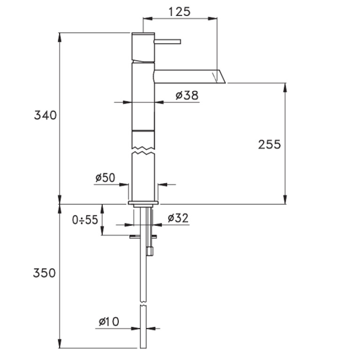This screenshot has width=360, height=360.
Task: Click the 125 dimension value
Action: click(x=180, y=12)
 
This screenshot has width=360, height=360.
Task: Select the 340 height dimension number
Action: click(x=45, y=115)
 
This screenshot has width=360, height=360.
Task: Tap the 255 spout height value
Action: click(x=269, y=145)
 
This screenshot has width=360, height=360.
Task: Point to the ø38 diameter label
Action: click(x=187, y=95)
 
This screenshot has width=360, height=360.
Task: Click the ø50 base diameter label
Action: click(x=106, y=177)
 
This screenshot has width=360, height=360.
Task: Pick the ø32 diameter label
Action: click(x=178, y=218)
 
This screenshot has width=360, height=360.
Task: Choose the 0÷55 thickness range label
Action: click(x=85, y=220)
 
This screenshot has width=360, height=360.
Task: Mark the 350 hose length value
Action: click(x=44, y=273)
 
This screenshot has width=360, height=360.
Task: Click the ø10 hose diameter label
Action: click(x=109, y=322)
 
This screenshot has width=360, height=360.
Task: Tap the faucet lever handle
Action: click(x=168, y=42)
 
